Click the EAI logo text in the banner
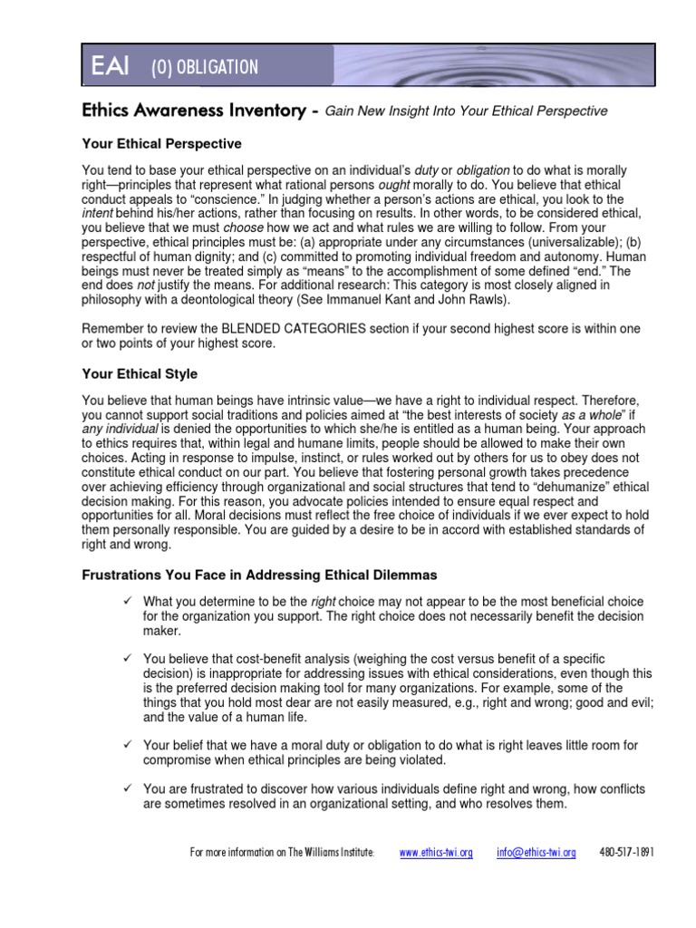point(110,67)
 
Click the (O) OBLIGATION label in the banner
point(205,68)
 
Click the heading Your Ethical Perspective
point(161,143)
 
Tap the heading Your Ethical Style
point(140,373)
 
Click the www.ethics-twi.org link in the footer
point(436,854)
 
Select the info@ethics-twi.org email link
point(536,854)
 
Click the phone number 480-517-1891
point(627,854)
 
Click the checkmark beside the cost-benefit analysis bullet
point(128,659)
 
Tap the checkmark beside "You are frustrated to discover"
point(128,788)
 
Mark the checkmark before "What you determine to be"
point(128,602)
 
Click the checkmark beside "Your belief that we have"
point(128,745)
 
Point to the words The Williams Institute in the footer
point(331,854)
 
